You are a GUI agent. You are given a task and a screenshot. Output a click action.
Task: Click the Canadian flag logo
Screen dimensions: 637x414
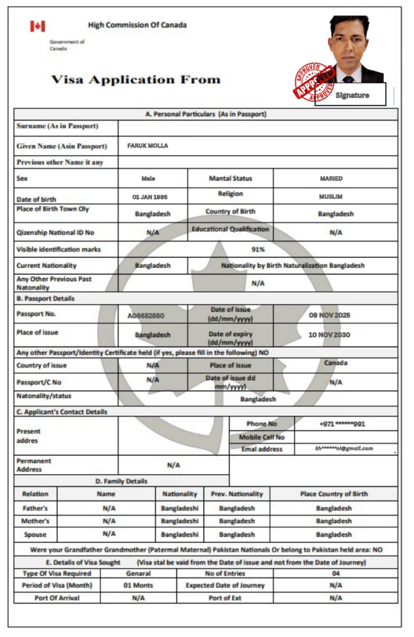(37, 26)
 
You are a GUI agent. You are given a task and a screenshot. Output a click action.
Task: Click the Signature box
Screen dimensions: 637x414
(352, 95)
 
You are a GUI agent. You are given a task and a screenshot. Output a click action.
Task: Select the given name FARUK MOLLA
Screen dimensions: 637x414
(148, 146)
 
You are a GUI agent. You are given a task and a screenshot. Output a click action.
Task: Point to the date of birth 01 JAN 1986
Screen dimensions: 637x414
(149, 196)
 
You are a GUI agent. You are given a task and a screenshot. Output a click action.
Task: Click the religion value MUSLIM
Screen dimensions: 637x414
(331, 196)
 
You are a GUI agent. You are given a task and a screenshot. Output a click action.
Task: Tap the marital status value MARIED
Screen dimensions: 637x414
(331, 179)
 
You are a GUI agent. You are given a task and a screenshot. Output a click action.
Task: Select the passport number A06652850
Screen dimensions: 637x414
(146, 315)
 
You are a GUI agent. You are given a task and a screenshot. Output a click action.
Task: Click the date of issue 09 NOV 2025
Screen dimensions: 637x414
(330, 315)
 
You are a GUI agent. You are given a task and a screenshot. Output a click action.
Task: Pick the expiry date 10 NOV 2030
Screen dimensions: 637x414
(329, 335)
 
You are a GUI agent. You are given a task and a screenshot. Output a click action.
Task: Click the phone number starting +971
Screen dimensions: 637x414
(342, 424)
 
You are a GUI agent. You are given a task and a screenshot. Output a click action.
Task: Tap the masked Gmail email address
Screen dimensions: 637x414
(344, 448)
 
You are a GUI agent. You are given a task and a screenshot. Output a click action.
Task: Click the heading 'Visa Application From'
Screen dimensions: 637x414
(136, 80)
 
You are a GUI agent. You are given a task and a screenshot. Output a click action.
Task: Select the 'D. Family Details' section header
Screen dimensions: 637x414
(121, 481)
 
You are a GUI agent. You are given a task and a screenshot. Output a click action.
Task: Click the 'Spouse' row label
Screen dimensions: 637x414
(35, 534)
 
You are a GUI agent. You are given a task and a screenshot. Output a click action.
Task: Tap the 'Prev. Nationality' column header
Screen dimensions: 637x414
(237, 494)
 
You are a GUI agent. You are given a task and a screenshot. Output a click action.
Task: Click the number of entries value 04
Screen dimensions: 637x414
(336, 573)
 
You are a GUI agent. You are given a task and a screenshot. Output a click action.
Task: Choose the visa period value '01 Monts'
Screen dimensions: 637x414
(138, 585)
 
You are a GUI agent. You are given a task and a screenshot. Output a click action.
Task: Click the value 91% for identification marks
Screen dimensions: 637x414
(258, 249)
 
